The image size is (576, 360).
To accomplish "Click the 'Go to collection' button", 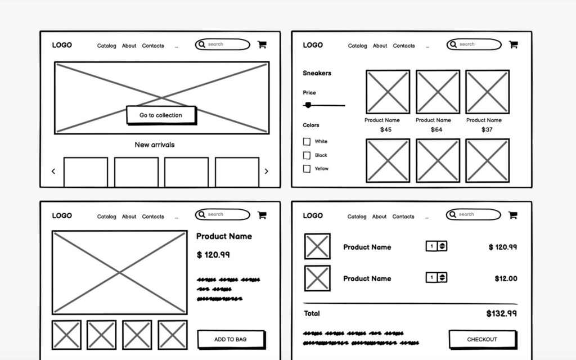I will (x=161, y=115).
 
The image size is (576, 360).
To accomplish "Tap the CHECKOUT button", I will (x=481, y=339).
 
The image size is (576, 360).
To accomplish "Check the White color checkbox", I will (x=307, y=142).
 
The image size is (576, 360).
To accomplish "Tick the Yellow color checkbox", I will (x=307, y=169).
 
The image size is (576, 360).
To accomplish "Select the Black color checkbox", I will (x=307, y=155).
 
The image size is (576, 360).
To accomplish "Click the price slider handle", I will (x=308, y=105).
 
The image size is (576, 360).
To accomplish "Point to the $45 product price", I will (x=386, y=130).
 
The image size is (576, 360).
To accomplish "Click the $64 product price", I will (x=436, y=130).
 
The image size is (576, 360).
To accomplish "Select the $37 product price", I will (x=487, y=130).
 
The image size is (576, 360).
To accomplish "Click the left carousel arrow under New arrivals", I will (x=53, y=172).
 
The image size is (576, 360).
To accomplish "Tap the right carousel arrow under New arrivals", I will (x=267, y=172).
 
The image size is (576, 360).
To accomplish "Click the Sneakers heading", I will (x=317, y=73).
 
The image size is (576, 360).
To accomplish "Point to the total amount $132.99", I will (x=501, y=314).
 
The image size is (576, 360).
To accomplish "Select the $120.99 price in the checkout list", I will (x=502, y=247).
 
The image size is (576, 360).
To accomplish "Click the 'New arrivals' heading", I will (x=155, y=145).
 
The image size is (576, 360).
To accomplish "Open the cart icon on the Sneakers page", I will (x=513, y=44).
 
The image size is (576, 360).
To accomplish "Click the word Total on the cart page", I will (x=312, y=313).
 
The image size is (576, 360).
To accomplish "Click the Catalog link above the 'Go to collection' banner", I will (x=106, y=46).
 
